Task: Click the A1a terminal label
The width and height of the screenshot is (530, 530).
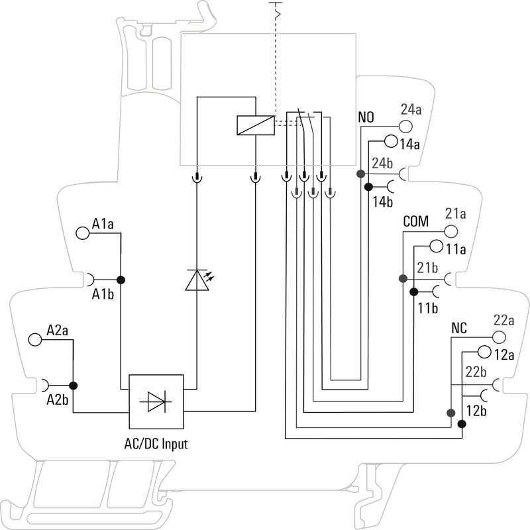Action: pos(103,225)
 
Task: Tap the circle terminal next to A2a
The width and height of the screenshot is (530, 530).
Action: pos(35,339)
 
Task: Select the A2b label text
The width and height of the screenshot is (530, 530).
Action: pos(58,399)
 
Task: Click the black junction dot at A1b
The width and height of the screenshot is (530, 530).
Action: pos(121,280)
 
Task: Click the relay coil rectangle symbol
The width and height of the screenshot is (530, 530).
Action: pos(255,125)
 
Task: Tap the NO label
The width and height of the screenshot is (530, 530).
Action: pos(366,118)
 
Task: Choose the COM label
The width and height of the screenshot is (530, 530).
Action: pos(416,221)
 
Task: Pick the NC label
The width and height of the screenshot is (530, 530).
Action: pos(460,328)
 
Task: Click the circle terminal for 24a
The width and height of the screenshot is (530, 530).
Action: pos(405,126)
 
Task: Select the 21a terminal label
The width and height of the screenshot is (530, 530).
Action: pos(456,214)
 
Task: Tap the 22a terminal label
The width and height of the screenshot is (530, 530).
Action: pos(504,320)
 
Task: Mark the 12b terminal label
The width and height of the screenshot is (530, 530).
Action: pos(476,411)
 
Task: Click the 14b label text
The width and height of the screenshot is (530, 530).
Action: pos(383,201)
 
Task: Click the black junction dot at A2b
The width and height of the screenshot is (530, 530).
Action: pos(74,386)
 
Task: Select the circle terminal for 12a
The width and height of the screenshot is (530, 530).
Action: pos(484,352)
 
